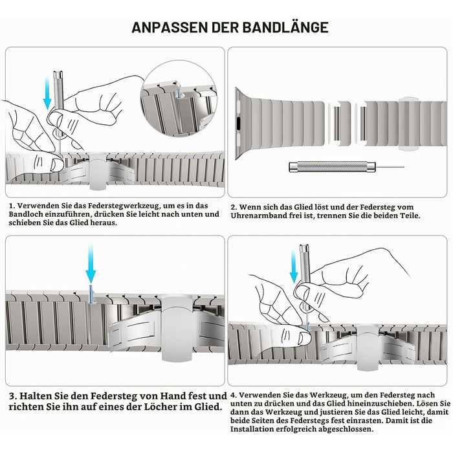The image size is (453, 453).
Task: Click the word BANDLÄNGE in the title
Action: [285, 27]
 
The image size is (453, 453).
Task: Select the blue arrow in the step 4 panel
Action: [294, 267]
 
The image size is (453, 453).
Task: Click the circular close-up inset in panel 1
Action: [179, 100]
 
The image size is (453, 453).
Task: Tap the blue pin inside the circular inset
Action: [178, 94]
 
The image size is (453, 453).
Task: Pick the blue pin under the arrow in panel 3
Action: [91, 294]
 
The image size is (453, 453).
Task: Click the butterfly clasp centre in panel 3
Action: [177, 327]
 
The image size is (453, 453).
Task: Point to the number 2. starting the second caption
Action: [234, 208]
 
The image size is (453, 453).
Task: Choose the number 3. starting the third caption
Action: [12, 395]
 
